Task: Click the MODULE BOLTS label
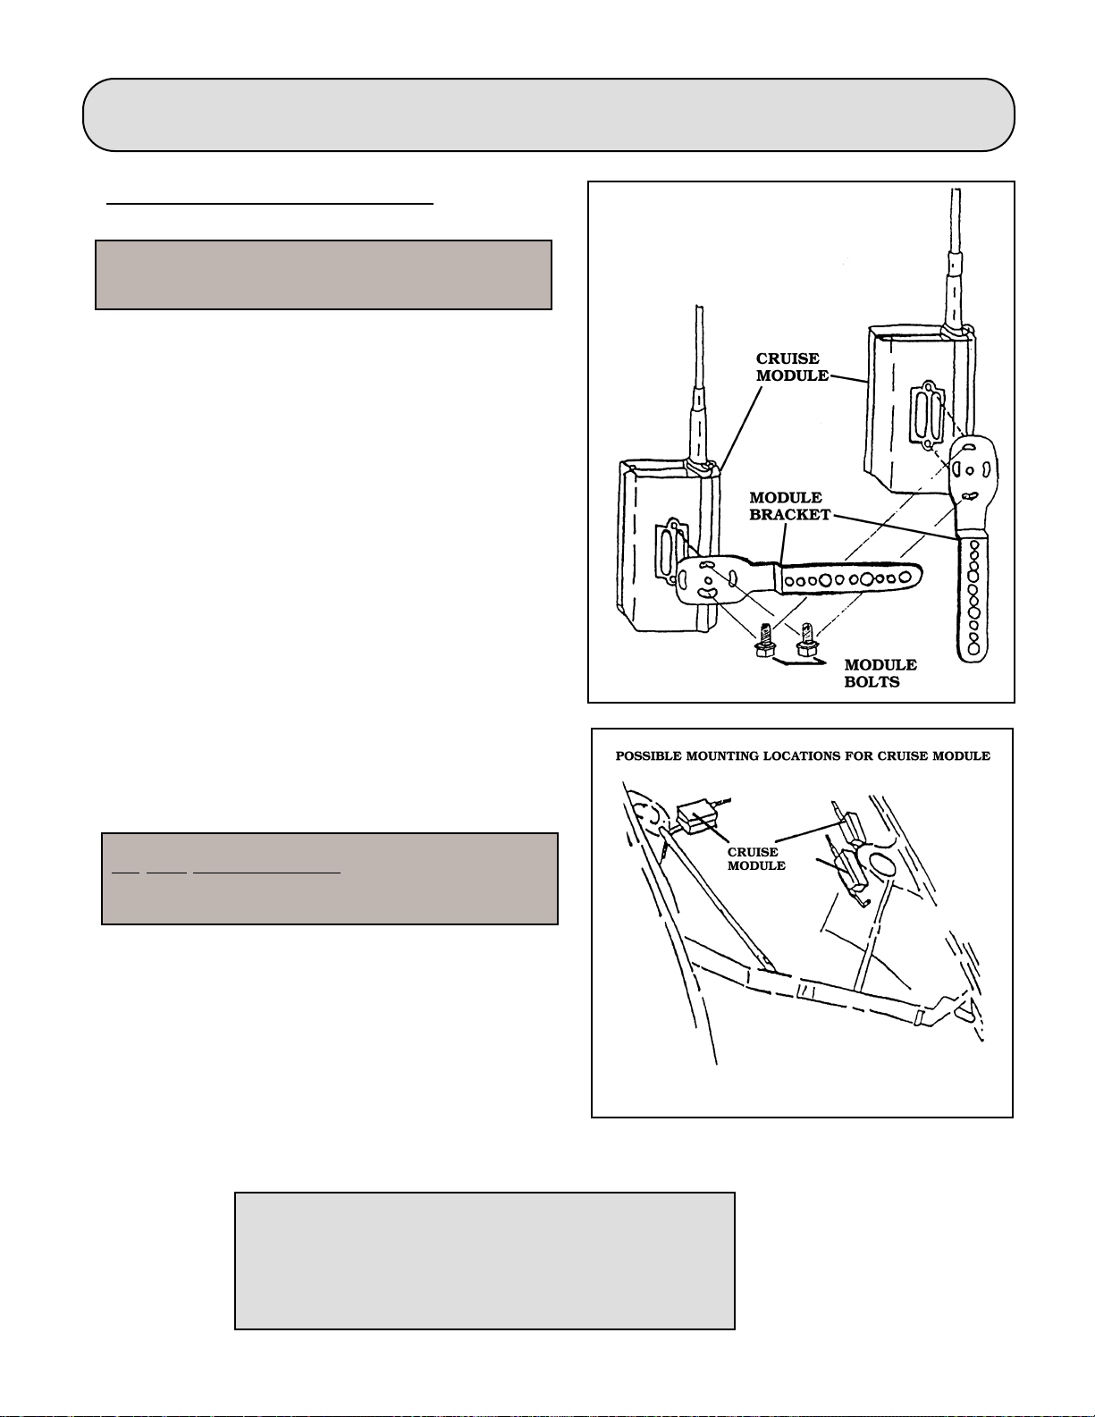click(880, 673)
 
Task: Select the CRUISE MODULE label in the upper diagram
click(791, 367)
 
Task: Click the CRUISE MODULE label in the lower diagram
click(756, 859)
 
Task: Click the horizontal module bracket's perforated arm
click(849, 579)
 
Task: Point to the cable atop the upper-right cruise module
click(956, 259)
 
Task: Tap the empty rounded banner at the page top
click(548, 114)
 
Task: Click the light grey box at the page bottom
click(484, 1260)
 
